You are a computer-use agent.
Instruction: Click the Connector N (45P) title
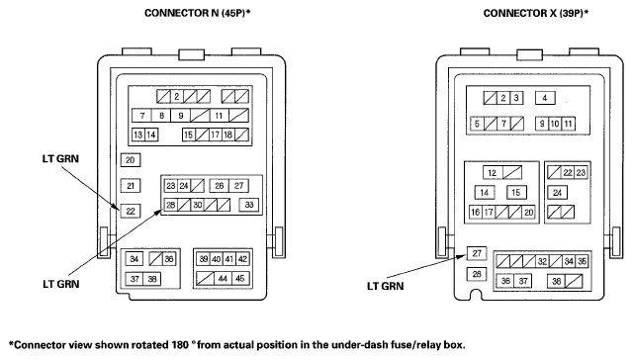tap(198, 13)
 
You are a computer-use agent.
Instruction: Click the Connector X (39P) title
tap(536, 13)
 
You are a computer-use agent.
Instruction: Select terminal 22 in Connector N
tap(131, 211)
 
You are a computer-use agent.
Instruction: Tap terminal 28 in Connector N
tap(171, 205)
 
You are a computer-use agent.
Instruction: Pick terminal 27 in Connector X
tap(477, 253)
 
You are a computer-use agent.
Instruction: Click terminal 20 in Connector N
tap(130, 160)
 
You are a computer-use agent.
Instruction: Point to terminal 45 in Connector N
tap(239, 279)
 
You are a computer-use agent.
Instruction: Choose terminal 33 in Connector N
tap(249, 205)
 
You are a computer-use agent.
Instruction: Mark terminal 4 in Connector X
tap(545, 98)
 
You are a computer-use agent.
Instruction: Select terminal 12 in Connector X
tap(493, 173)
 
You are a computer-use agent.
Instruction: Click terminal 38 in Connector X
tap(556, 281)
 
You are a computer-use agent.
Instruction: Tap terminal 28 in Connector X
tap(477, 274)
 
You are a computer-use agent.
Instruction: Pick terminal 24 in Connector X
tap(558, 193)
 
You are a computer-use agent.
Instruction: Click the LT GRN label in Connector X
tap(385, 286)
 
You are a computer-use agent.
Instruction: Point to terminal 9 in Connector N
tap(180, 116)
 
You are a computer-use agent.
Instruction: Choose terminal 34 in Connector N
tap(135, 259)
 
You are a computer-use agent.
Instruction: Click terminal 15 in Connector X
tap(516, 193)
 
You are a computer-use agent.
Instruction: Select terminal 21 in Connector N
tap(130, 186)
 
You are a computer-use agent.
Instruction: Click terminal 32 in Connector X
tap(542, 261)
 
